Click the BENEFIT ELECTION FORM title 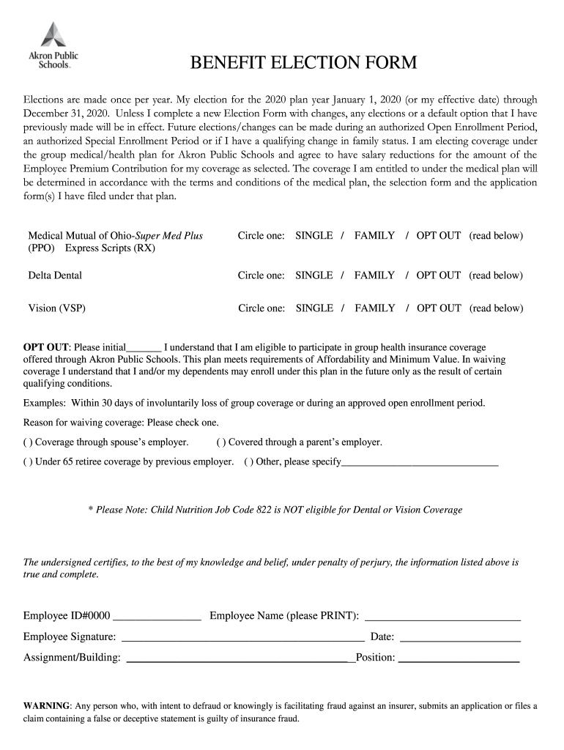303,63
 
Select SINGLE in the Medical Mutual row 314,236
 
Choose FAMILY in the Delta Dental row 374,275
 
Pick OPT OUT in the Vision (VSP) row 439,308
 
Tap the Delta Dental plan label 55,275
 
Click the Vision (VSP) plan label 56,308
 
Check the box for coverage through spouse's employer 27,442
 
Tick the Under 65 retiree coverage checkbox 27,462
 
